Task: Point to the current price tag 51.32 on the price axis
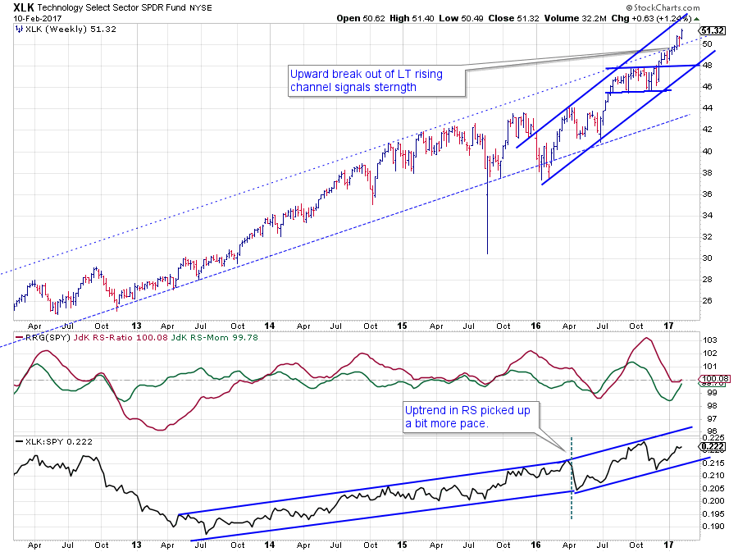pyautogui.click(x=711, y=29)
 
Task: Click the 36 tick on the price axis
pyautogui.click(x=706, y=194)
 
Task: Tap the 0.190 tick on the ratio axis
pyautogui.click(x=712, y=527)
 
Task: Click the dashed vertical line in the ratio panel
pyautogui.click(x=571, y=484)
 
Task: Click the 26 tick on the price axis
pyautogui.click(x=706, y=300)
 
